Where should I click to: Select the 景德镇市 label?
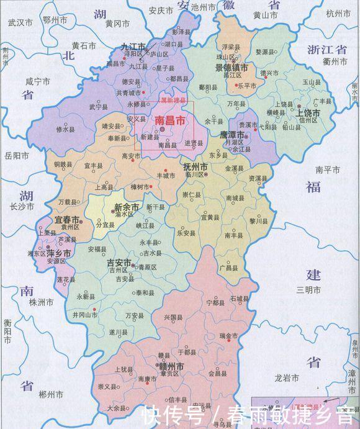[x=232, y=66]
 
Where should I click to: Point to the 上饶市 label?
[x=308, y=114]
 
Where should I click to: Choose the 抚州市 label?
[x=199, y=167]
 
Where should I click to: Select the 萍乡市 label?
[x=56, y=253]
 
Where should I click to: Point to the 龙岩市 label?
[x=287, y=377]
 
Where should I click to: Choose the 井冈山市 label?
[x=85, y=315]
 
